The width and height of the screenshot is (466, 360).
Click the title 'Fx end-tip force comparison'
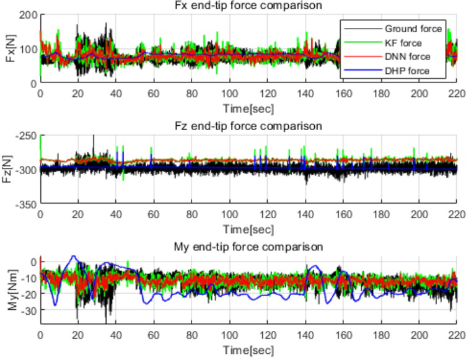click(248, 6)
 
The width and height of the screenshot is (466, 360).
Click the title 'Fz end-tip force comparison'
click(248, 126)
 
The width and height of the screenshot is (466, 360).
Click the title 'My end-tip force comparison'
click(248, 247)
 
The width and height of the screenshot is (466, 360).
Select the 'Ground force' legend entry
click(413, 29)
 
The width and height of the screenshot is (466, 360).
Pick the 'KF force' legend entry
click(403, 43)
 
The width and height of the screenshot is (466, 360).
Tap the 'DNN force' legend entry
click(407, 57)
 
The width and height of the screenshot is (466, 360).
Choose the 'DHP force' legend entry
click(407, 71)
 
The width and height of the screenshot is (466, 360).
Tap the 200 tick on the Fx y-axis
click(28, 14)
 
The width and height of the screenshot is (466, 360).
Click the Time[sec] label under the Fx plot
click(248, 108)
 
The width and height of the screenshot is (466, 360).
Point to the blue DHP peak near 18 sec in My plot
click(74, 257)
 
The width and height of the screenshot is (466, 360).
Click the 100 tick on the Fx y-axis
click(28, 48)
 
